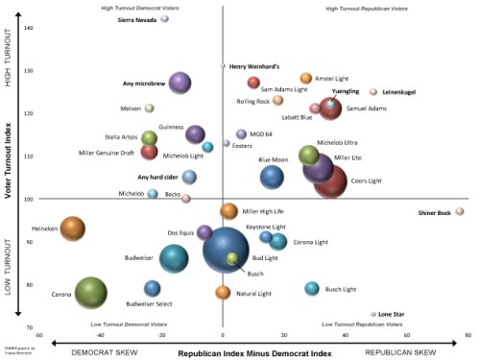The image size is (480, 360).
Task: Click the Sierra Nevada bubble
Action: coord(164,18)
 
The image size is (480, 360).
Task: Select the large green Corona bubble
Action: coord(91,293)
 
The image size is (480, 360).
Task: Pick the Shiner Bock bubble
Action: coord(460,211)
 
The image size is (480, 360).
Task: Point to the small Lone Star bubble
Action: coord(373,314)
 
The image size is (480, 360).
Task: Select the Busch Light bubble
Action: coord(311,288)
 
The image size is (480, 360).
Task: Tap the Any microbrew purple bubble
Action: coord(180,84)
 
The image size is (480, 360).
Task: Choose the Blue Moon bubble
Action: coord(273,176)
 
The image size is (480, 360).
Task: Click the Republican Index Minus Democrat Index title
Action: coord(261,352)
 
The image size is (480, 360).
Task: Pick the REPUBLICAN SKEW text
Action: coord(419,352)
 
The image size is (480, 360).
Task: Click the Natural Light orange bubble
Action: coord(223,292)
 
